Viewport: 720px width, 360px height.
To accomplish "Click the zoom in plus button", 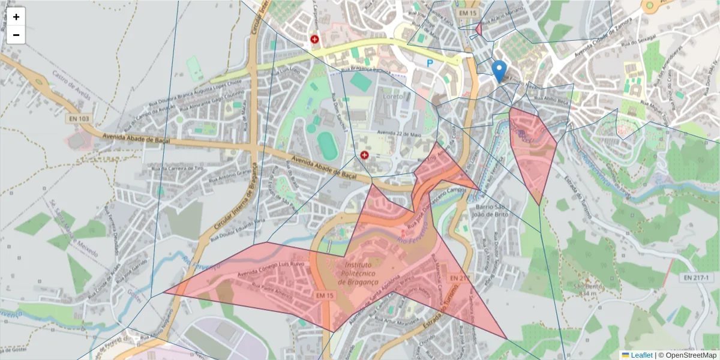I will tap(16, 17).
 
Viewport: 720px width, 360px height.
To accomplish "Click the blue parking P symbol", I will tap(430, 62).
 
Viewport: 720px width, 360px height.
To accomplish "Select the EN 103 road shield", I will tap(77, 119).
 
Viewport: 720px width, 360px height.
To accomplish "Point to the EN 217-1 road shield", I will tap(696, 278).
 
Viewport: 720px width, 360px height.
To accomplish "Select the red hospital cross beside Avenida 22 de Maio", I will tap(364, 155).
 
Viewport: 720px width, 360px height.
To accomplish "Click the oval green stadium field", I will tap(327, 146).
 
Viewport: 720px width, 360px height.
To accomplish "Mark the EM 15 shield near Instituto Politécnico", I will tap(325, 295).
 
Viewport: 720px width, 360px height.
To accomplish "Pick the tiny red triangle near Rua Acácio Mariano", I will tap(479, 29).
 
